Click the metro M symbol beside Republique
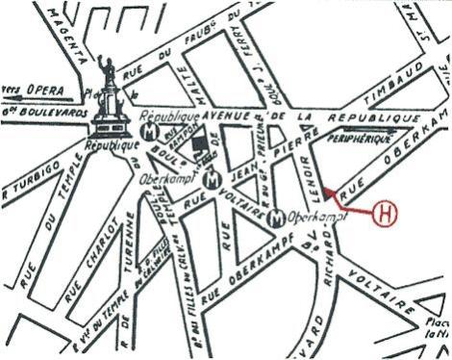[149, 128]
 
